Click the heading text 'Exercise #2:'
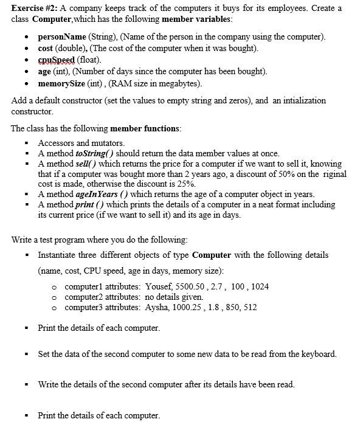pyautogui.click(x=35, y=8)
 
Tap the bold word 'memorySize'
pyautogui.click(x=63, y=83)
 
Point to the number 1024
pyautogui.click(x=258, y=286)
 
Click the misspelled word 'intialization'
pyautogui.click(x=300, y=101)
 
